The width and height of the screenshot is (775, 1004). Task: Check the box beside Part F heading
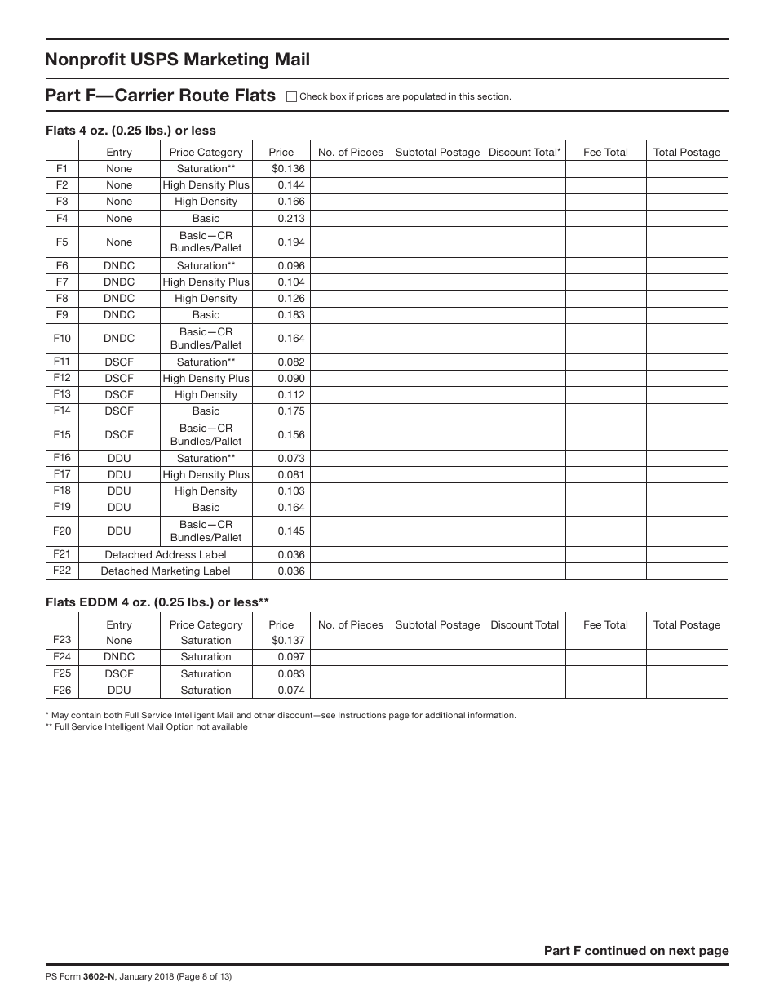292,96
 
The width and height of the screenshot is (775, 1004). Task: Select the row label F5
62,242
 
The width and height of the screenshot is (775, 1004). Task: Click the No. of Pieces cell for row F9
350,315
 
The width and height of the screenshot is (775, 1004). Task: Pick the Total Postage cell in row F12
687,379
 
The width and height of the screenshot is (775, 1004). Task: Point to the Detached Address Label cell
166,555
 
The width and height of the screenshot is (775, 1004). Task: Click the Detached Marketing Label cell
166,571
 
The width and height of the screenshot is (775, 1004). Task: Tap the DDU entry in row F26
119,691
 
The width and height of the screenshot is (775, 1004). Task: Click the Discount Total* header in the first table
525,152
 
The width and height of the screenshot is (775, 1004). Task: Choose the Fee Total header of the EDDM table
605,625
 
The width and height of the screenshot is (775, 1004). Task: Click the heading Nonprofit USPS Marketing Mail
178,60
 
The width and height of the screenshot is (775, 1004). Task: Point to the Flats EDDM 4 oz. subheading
157,602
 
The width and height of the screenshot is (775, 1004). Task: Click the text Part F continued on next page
636,951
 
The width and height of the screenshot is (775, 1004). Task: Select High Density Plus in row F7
206,282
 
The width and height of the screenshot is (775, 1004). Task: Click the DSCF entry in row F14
119,411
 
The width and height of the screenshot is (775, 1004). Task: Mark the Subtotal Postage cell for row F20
437,531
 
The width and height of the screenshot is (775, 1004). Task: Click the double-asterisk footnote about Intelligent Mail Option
147,727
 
